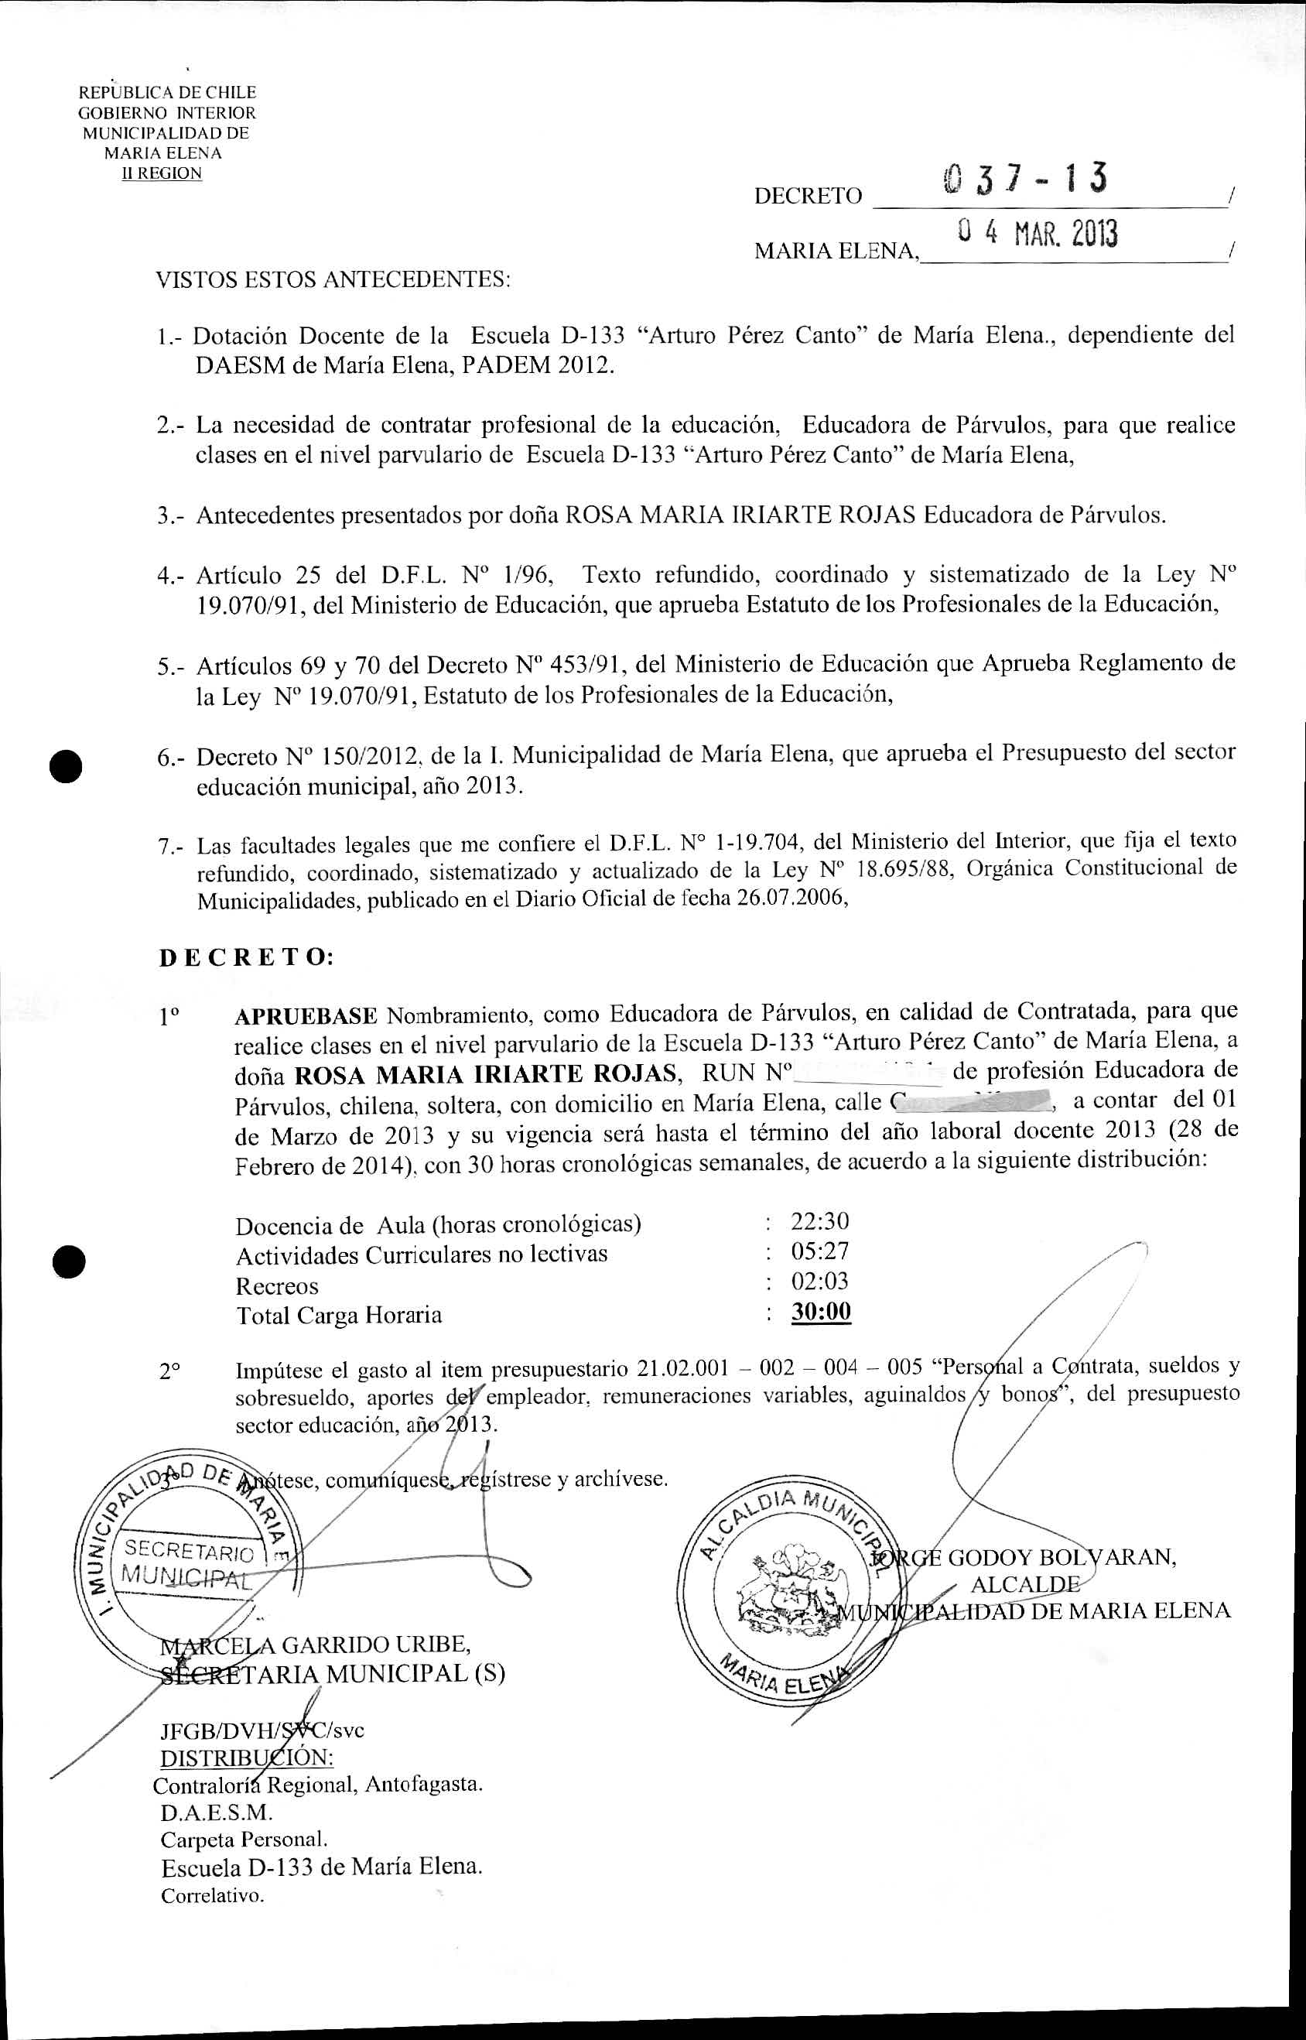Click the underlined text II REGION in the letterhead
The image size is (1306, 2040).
[161, 174]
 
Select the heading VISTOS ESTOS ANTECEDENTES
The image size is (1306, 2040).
[333, 279]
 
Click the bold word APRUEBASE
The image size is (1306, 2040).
[306, 1015]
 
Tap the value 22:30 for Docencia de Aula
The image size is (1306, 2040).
[820, 1221]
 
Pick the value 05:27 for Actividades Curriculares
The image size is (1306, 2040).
[820, 1251]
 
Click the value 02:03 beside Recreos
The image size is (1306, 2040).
[820, 1281]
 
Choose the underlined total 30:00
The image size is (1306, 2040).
[821, 1311]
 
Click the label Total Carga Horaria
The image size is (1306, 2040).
[338, 1315]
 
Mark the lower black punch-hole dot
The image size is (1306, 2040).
[65, 1261]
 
